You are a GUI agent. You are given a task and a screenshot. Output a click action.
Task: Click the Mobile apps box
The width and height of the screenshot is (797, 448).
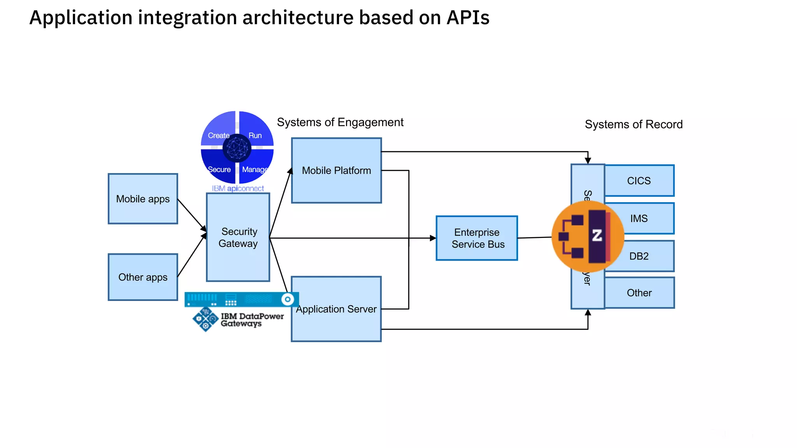[143, 199]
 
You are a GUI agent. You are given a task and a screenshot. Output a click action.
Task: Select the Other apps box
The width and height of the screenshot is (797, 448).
[143, 277]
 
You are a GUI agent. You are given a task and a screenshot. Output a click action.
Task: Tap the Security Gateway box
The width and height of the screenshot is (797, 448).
[238, 237]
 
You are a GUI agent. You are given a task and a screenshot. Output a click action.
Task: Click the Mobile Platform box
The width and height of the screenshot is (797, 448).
[336, 170]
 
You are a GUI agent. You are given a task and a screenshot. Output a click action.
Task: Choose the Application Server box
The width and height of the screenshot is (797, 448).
[336, 309]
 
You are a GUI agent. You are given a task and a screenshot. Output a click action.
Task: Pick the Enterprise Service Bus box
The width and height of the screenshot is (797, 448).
[477, 238]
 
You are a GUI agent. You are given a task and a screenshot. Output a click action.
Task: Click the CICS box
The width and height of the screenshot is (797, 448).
[639, 181]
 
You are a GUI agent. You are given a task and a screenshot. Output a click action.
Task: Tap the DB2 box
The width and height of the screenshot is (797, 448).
[646, 256]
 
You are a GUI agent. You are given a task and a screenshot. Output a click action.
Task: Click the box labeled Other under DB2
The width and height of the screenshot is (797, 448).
[639, 293]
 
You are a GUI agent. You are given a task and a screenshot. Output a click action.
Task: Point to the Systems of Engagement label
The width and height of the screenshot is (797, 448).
[340, 122]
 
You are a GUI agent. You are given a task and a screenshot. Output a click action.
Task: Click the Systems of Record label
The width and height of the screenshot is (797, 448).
[634, 124]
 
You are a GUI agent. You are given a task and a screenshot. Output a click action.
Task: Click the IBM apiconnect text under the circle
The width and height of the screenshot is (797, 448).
[238, 189]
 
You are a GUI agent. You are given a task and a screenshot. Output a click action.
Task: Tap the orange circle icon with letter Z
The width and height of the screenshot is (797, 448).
[588, 236]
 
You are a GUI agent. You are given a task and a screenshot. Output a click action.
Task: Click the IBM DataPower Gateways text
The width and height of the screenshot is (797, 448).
[252, 320]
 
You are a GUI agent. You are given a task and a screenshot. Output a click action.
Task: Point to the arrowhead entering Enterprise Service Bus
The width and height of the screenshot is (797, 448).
[433, 238]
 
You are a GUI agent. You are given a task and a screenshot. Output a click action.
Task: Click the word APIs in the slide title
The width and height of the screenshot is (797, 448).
[467, 17]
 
